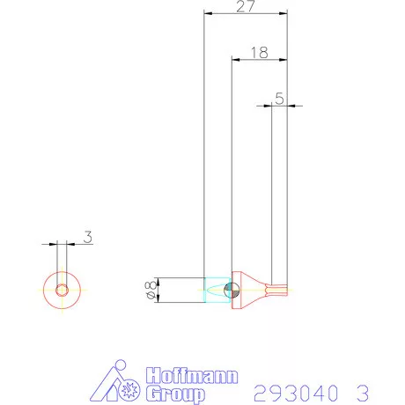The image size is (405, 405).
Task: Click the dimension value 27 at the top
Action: pyautogui.click(x=246, y=6)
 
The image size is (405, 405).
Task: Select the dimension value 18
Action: pyautogui.click(x=258, y=53)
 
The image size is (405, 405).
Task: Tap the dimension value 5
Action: pyautogui.click(x=279, y=99)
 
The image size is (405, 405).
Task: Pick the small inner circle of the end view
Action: pyautogui.click(x=62, y=290)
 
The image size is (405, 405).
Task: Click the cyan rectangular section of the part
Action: pyautogui.click(x=213, y=290)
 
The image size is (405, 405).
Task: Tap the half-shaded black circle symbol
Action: pyautogui.click(x=230, y=290)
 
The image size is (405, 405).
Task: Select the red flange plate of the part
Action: pyautogui.click(x=235, y=290)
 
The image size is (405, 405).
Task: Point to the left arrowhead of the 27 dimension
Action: pyautogui.click(x=207, y=14)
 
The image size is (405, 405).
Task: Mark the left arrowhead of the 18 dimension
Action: pyautogui.click(x=234, y=60)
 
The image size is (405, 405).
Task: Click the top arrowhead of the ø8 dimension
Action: pyautogui.click(x=163, y=280)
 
